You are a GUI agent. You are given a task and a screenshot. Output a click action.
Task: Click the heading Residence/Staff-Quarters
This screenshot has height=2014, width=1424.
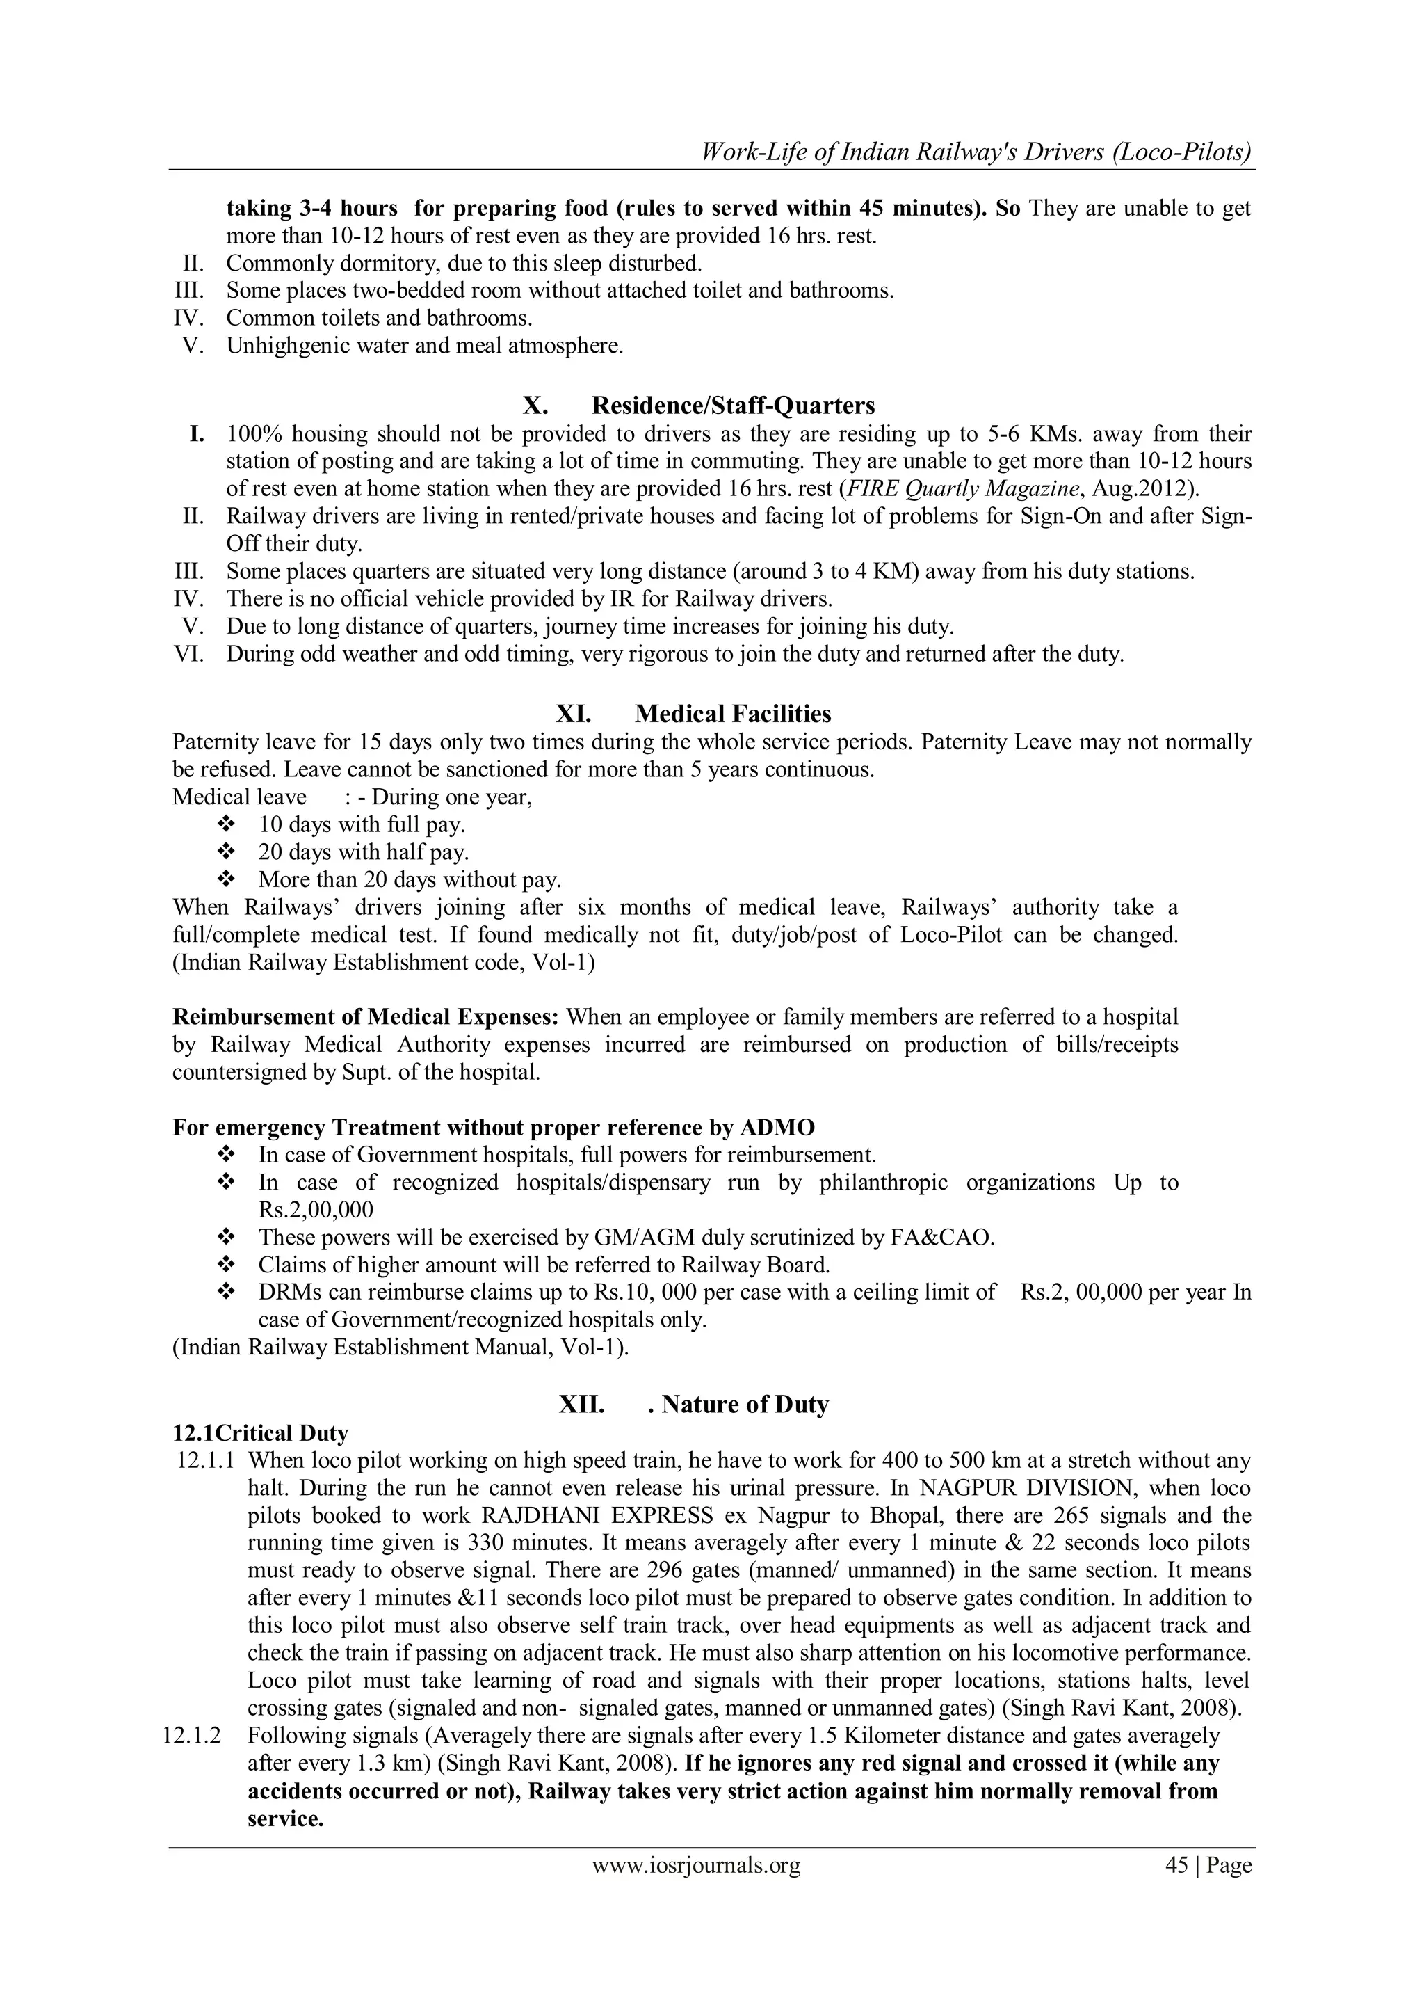[733, 406]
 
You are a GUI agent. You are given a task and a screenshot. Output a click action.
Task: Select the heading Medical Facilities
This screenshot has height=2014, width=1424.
[733, 714]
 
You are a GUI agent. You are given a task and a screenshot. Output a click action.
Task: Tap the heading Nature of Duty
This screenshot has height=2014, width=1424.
[745, 1405]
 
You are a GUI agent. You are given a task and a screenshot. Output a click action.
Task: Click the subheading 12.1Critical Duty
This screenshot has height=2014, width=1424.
[261, 1433]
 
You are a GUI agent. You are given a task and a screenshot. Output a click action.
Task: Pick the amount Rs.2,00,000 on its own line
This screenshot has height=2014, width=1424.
[316, 1210]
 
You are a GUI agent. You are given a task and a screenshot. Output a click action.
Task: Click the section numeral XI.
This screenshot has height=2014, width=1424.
[574, 714]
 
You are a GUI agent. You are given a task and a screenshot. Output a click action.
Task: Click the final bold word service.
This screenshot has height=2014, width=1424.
[285, 1819]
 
